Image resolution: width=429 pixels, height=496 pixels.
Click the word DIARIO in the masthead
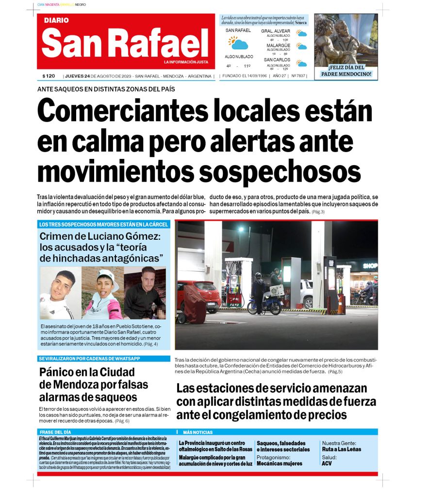(56, 20)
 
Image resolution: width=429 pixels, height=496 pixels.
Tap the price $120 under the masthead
(49, 76)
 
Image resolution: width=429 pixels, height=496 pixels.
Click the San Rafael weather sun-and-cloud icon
(238, 43)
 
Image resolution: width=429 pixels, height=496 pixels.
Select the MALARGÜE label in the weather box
(278, 46)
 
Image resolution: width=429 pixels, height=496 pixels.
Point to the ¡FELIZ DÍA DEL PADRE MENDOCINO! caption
(346, 71)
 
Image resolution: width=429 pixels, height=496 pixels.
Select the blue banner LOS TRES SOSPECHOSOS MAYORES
(104, 224)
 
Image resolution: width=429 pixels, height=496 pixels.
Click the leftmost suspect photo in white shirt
(60, 293)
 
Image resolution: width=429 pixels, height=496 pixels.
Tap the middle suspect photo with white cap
(102, 293)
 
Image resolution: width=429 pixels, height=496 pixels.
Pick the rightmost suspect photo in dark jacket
(145, 293)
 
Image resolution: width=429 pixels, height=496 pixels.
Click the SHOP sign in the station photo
(370, 265)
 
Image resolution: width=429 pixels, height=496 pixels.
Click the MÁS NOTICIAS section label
(198, 432)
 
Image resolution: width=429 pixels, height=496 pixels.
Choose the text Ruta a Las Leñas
(341, 449)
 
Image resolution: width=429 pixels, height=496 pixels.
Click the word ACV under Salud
(327, 464)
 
